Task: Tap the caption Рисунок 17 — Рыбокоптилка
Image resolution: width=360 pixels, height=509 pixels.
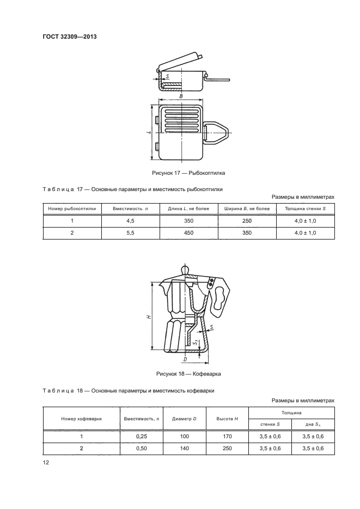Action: (x=188, y=173)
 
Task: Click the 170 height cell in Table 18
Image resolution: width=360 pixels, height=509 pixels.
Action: (x=228, y=437)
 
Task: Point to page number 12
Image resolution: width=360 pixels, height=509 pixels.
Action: (x=46, y=462)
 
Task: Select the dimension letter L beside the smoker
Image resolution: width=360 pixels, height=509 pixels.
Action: (x=149, y=132)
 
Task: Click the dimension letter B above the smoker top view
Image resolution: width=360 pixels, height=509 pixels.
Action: (x=180, y=96)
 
